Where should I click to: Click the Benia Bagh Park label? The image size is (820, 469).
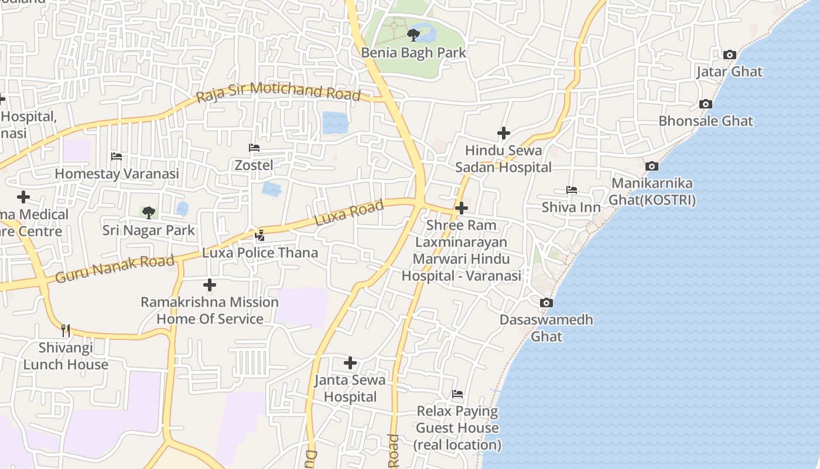[414, 53]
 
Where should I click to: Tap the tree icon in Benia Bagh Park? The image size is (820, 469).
[414, 35]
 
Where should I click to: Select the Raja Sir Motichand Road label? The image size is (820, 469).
[278, 92]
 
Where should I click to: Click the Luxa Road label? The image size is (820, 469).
[349, 212]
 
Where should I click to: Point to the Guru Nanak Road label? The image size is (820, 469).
[115, 268]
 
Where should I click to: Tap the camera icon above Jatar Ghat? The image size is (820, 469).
[729, 55]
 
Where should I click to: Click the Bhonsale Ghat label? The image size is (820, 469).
[706, 121]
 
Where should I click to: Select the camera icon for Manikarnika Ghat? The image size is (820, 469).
[652, 166]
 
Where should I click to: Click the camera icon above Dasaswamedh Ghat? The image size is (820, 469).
[546, 303]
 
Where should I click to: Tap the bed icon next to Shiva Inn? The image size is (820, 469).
[572, 190]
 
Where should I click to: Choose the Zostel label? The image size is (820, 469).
[254, 165]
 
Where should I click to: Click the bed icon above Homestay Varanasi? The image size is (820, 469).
[117, 157]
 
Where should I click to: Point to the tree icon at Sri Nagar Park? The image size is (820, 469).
[149, 212]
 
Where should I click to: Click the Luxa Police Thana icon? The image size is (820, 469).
[260, 236]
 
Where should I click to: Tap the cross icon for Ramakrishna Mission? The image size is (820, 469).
[209, 286]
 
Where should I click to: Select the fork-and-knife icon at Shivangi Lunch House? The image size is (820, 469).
[66, 331]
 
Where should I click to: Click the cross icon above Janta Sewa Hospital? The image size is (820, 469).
[350, 363]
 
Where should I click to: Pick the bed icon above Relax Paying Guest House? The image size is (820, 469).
[457, 394]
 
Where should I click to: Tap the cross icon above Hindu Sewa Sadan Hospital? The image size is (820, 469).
[503, 134]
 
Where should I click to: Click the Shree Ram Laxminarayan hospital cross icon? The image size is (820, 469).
[462, 208]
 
